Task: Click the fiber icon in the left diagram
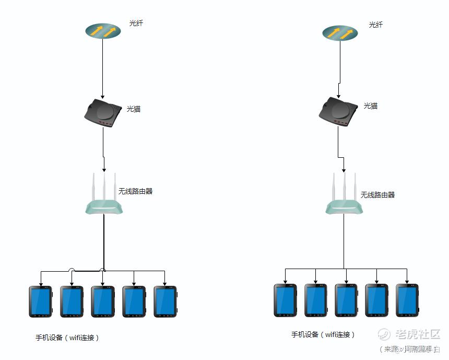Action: (x=103, y=31)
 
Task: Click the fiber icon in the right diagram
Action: (x=340, y=32)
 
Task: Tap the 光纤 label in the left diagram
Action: (x=136, y=23)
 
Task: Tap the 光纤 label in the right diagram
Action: (x=375, y=25)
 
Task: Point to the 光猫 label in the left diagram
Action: (x=134, y=109)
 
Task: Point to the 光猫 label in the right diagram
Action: (x=371, y=106)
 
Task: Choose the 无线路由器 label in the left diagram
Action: (x=135, y=191)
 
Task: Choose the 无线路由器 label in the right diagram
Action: (x=377, y=195)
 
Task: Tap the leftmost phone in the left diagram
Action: (x=40, y=301)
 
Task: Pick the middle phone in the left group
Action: (x=102, y=301)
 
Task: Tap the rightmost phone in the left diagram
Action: (x=165, y=301)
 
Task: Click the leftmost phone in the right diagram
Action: (x=286, y=300)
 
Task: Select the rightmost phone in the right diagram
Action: (x=407, y=300)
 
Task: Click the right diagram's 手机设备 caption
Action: (x=323, y=334)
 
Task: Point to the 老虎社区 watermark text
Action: (x=418, y=334)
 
